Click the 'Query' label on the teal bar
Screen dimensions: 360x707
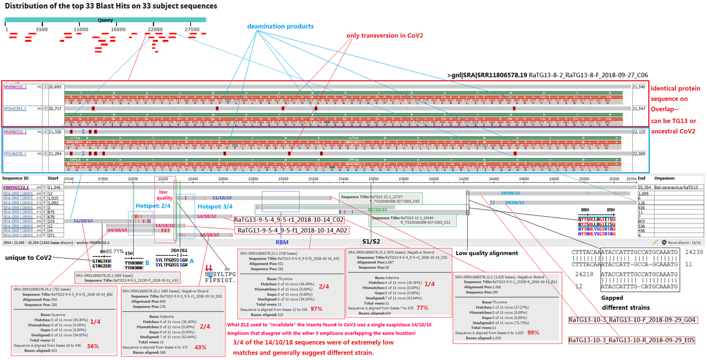(x=105, y=19)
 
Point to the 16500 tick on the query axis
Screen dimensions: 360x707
(x=118, y=29)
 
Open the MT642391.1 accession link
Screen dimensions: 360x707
(x=16, y=108)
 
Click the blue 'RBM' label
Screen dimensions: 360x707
(x=282, y=242)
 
